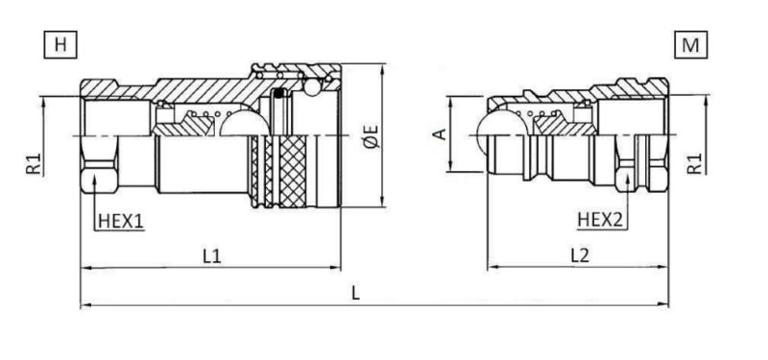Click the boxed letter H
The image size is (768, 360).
click(60, 44)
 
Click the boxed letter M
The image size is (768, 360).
click(690, 44)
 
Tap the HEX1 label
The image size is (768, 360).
click(121, 221)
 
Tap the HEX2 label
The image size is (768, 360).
click(601, 220)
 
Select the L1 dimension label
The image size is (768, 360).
click(212, 255)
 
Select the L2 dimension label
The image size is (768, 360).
click(580, 255)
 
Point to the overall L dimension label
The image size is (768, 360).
click(356, 293)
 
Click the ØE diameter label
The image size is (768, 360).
click(372, 136)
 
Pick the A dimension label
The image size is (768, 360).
click(442, 133)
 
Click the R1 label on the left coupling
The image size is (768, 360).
click(34, 163)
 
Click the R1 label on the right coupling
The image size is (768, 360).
click(694, 163)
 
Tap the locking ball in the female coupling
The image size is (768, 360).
click(312, 87)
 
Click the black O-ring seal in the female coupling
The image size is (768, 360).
click(278, 93)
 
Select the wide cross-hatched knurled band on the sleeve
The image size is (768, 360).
click(293, 172)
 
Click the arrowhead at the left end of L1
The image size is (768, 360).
click(85, 268)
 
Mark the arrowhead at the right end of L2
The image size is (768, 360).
click(663, 268)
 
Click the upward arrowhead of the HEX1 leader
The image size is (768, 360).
click(94, 181)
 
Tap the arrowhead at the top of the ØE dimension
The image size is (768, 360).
click(382, 69)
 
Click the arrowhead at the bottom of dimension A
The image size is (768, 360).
click(450, 166)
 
